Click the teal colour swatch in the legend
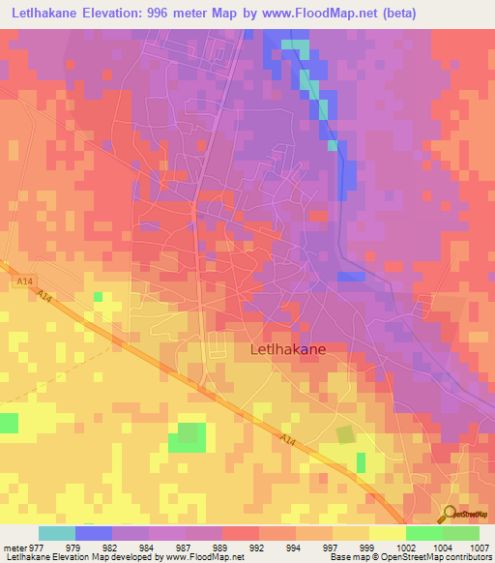click(57, 533)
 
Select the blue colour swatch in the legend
click(94, 533)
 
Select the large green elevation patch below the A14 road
click(187, 437)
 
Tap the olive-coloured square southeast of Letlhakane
click(344, 434)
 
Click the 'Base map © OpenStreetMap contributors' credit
click(411, 557)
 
